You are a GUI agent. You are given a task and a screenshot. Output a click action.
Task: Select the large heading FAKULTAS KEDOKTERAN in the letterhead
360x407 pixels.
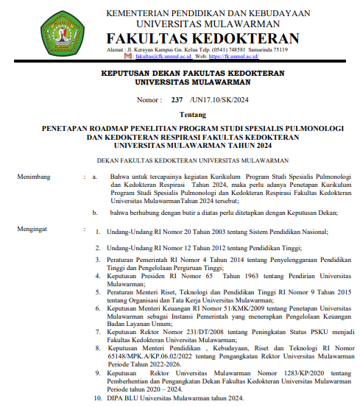coord(203,38)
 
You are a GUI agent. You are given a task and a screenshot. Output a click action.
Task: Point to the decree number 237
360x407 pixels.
coord(177,100)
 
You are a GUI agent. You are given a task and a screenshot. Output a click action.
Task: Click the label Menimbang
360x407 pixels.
coord(34,177)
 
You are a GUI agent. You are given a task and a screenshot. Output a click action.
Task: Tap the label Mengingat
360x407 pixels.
coord(34,230)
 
